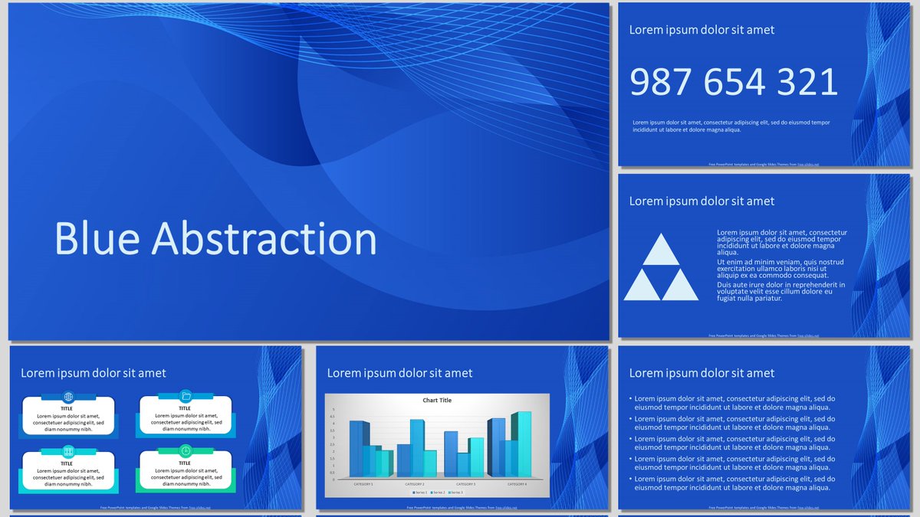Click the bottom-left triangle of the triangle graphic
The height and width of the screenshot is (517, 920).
coord(642,286)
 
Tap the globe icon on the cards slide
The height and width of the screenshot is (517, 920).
coord(68,397)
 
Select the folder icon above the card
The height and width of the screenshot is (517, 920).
coord(186,396)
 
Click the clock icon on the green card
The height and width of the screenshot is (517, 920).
coord(186,450)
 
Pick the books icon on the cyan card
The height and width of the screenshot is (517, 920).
coord(68,451)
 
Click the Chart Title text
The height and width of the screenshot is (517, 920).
coord(437,401)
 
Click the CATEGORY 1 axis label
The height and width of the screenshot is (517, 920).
coord(362,484)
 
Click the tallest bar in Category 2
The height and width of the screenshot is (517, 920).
coord(417,448)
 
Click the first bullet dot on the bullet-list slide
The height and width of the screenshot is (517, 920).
coord(630,399)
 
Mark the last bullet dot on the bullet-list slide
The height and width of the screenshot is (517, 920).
coord(630,479)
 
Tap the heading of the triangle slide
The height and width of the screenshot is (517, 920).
coord(701,201)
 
